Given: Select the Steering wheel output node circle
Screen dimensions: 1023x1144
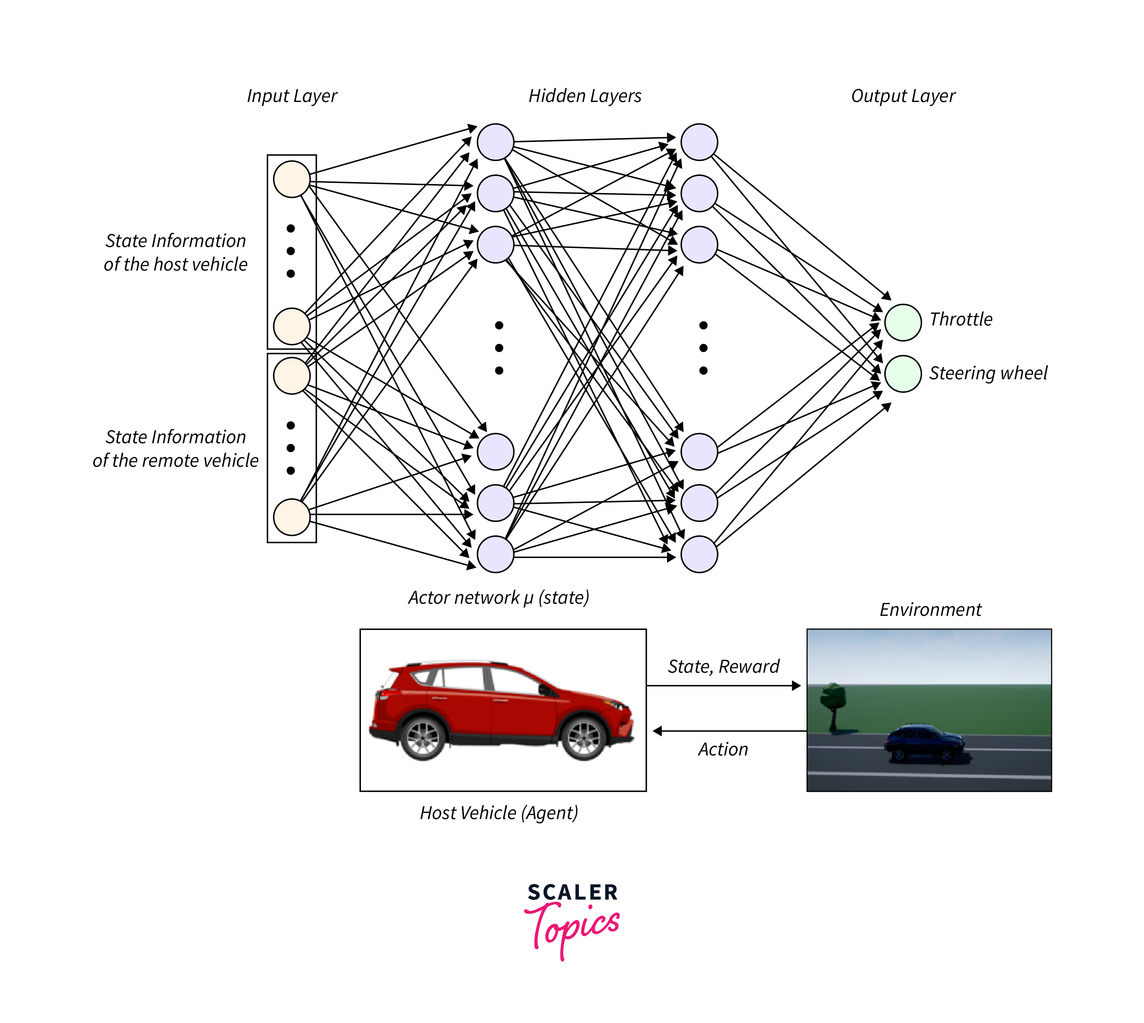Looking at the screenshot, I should pos(902,373).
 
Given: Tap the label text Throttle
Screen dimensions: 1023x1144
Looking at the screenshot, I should pos(961,319).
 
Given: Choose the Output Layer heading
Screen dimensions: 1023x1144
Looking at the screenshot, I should pos(903,96).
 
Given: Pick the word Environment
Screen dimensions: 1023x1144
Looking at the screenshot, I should pos(930,610).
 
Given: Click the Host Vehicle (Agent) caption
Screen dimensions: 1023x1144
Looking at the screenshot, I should pos(499,813).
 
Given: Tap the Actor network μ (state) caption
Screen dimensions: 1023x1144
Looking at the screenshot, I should pos(499,598).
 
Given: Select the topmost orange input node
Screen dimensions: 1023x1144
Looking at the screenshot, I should pos(292,179).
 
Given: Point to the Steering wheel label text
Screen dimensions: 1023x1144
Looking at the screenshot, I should pos(988,373).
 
